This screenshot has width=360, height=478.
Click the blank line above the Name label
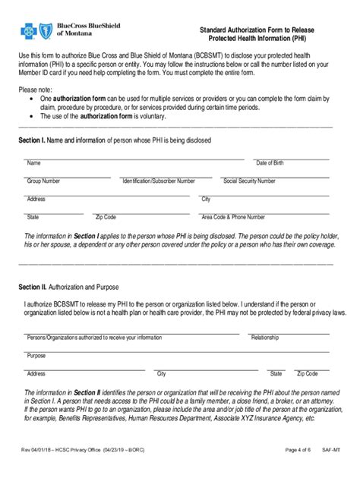click(x=133, y=159)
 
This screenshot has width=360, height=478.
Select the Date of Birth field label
click(x=270, y=163)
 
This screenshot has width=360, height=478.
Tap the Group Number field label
click(x=44, y=181)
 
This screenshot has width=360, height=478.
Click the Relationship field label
click(x=265, y=337)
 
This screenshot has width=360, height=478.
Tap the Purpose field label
click(x=36, y=355)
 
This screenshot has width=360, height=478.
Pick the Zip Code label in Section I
click(x=105, y=217)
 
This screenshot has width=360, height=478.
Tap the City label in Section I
click(x=206, y=200)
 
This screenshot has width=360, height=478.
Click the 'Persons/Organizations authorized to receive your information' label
click(x=84, y=337)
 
